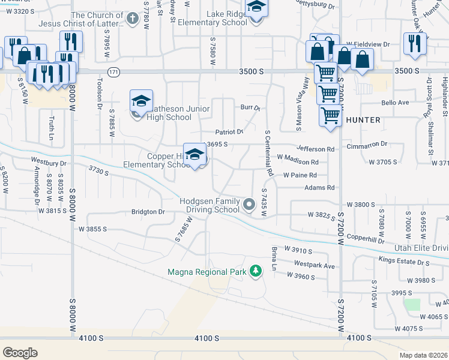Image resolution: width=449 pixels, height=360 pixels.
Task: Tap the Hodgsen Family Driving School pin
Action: click(249, 206)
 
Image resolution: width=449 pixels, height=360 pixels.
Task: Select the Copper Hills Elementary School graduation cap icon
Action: click(195, 154)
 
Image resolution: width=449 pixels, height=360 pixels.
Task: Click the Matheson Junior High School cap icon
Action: click(141, 101)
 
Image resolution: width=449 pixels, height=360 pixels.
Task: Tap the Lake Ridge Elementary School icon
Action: click(256, 7)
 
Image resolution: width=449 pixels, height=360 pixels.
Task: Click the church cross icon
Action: click(133, 18)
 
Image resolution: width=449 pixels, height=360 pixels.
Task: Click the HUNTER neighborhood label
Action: click(363, 120)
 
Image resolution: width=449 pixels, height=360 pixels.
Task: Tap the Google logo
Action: click(20, 353)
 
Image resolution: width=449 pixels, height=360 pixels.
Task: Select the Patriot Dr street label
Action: click(229, 131)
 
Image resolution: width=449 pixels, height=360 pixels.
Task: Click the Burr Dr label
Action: click(250, 109)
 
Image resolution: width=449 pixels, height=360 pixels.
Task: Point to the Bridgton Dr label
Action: click(148, 212)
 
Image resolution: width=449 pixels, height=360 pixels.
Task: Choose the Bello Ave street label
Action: click(394, 103)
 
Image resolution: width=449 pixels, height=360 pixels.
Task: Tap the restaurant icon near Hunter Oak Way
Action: click(415, 43)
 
